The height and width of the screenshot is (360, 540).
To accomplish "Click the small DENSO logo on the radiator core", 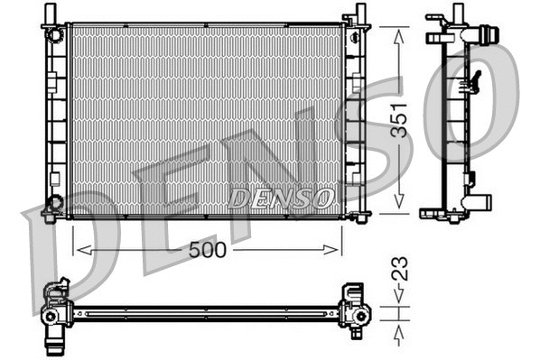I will [x=283, y=197].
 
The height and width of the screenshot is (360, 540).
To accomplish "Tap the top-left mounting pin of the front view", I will [x=48, y=12].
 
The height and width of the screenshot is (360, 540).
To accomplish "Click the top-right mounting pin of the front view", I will [x=361, y=12].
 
